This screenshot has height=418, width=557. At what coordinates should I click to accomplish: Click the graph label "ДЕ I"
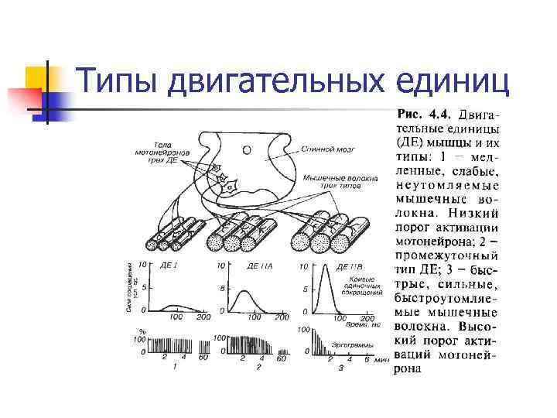click(x=169, y=266)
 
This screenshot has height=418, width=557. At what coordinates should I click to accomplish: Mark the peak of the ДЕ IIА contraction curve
click(x=244, y=292)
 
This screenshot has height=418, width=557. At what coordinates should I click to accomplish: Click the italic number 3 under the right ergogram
click(x=340, y=368)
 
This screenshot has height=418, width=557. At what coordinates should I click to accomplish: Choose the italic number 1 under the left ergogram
click(x=175, y=368)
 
